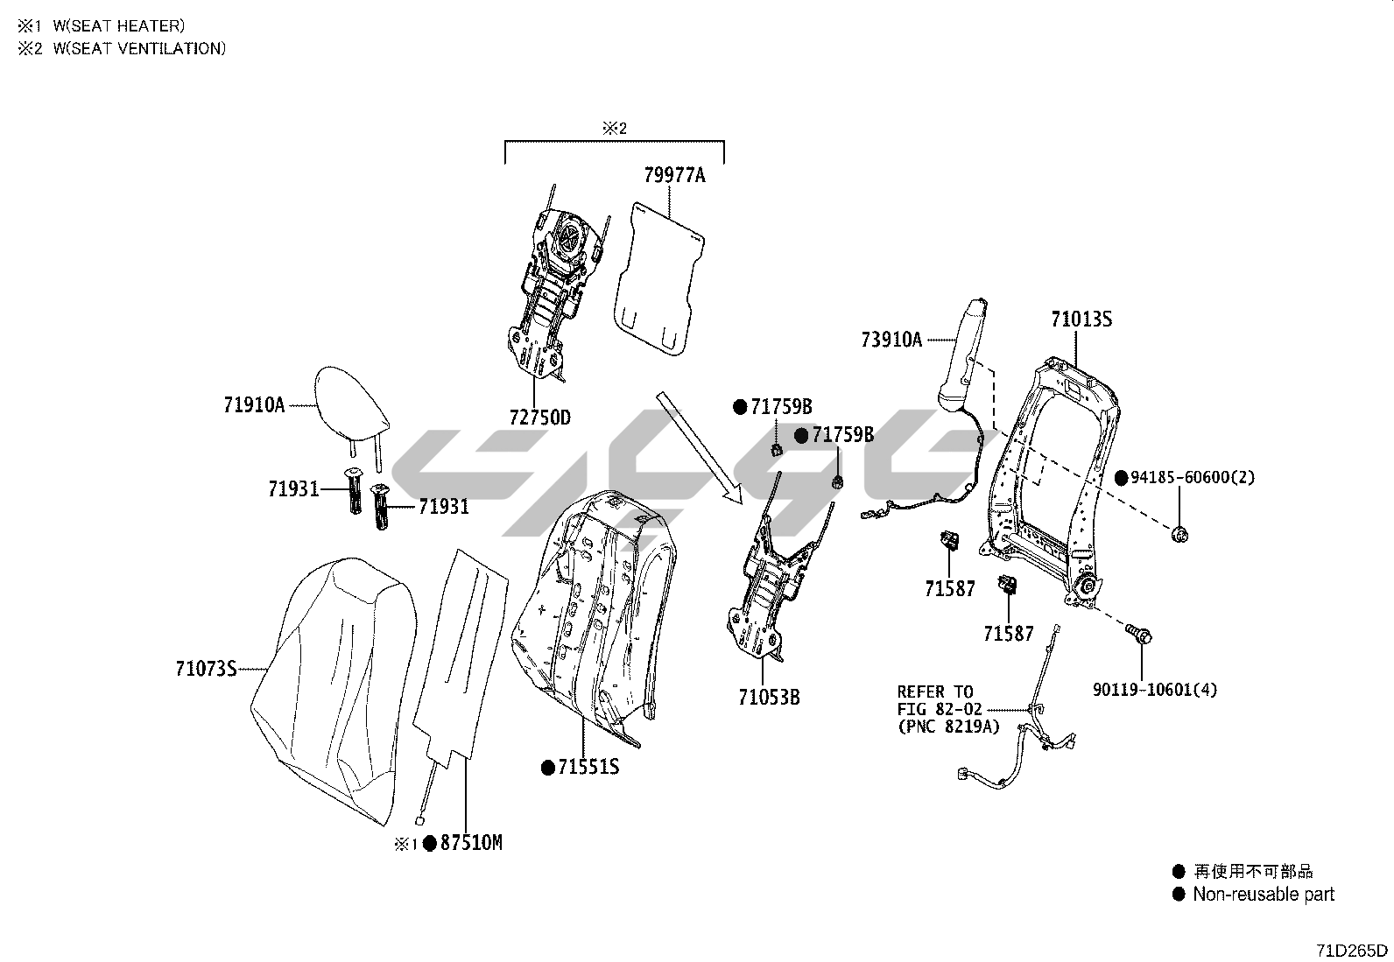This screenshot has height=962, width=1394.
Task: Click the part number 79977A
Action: (674, 175)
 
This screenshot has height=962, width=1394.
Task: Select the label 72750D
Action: (539, 418)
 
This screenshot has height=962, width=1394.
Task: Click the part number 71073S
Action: (206, 670)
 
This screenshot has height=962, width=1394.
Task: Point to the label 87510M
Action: (471, 843)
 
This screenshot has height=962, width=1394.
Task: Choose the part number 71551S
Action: (588, 768)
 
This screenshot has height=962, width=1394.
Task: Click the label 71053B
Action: (769, 698)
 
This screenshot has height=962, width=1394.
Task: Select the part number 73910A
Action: (891, 340)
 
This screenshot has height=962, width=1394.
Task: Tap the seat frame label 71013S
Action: (1081, 319)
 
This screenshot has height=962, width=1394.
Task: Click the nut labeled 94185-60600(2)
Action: (1179, 534)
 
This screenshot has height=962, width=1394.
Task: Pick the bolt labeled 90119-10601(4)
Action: (1140, 634)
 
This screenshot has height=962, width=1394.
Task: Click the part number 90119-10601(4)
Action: (1154, 690)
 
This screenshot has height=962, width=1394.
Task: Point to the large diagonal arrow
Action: (701, 447)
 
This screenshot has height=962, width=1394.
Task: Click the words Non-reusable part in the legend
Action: (1264, 895)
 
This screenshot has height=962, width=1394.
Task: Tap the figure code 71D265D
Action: (1352, 951)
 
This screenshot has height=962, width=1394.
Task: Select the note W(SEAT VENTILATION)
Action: (139, 49)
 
